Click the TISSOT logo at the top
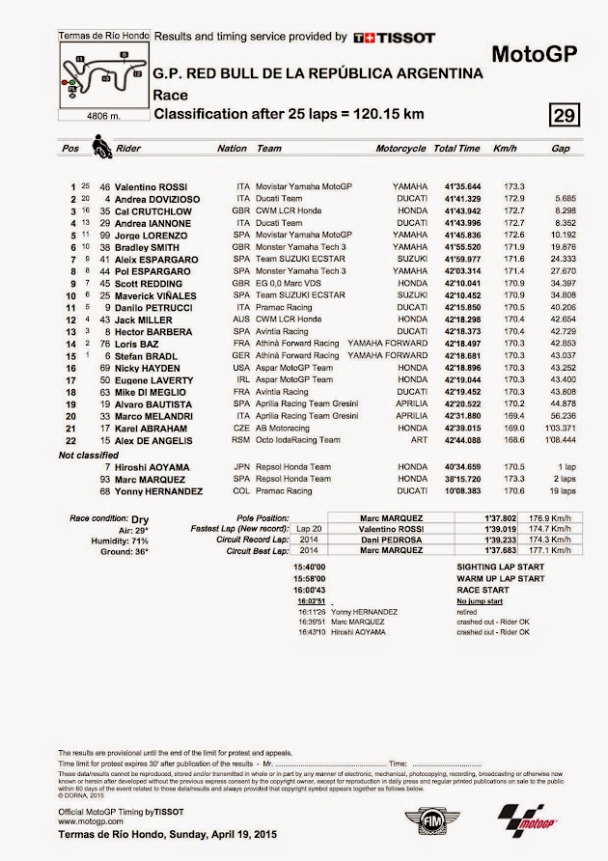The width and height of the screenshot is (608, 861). click(x=392, y=37)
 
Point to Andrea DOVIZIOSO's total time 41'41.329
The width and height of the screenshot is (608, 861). click(x=457, y=198)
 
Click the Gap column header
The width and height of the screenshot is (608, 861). click(x=560, y=150)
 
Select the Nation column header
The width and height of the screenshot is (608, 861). click(x=232, y=150)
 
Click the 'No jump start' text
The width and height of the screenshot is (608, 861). click(x=481, y=599)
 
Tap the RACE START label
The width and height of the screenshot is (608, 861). click(x=484, y=589)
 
